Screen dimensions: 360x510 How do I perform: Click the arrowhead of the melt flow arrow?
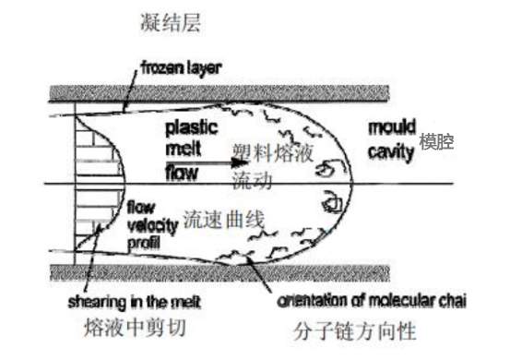point(230,166)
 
